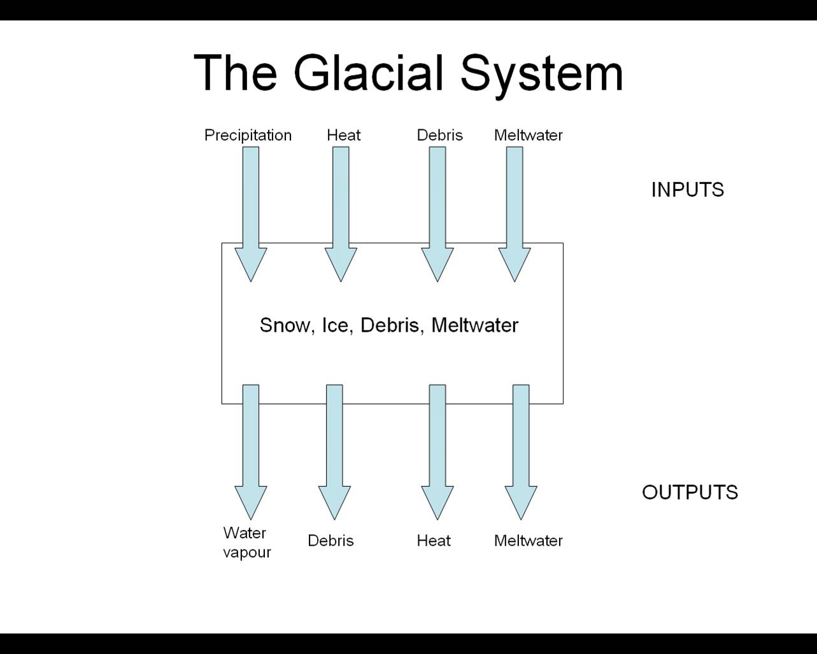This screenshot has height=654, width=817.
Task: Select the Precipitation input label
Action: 248,135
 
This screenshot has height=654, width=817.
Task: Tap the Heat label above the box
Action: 343,135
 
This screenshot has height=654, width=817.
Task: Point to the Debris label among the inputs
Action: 439,135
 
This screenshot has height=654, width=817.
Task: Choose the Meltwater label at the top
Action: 528,135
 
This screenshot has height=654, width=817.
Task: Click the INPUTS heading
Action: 687,190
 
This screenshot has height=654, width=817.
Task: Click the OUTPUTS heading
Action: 690,492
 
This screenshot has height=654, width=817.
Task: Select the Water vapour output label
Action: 246,542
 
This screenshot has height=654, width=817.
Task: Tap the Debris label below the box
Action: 330,541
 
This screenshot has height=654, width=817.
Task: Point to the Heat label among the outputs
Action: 434,541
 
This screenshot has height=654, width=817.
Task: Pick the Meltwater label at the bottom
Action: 528,541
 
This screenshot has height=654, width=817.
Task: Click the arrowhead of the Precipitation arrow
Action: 251,263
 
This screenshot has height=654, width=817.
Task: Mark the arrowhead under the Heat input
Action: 341,263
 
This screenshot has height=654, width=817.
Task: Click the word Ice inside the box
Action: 335,325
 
